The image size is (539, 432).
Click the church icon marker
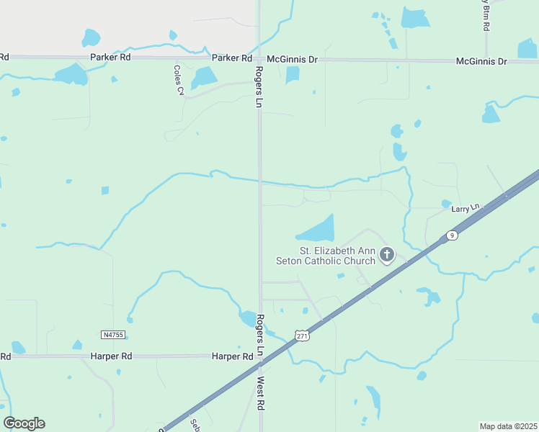click(x=387, y=254)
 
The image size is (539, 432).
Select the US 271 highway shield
click(x=302, y=336)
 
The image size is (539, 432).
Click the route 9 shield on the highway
click(x=451, y=235)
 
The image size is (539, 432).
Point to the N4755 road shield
click(x=113, y=334)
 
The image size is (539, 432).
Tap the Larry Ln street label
click(x=465, y=209)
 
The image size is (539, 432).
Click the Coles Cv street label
click(x=178, y=81)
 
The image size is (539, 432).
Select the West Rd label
click(x=261, y=394)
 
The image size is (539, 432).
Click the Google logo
click(x=24, y=423)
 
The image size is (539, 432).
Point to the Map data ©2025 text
click(x=509, y=426)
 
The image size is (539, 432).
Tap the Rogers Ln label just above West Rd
click(x=261, y=332)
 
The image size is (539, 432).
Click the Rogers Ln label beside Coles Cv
click(x=257, y=87)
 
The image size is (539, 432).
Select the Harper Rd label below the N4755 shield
click(x=111, y=356)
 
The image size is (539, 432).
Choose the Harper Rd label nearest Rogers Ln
click(x=232, y=356)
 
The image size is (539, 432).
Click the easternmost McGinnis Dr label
click(x=482, y=62)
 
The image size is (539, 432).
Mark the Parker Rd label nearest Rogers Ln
click(x=231, y=58)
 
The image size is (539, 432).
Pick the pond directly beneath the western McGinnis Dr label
click(x=292, y=75)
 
